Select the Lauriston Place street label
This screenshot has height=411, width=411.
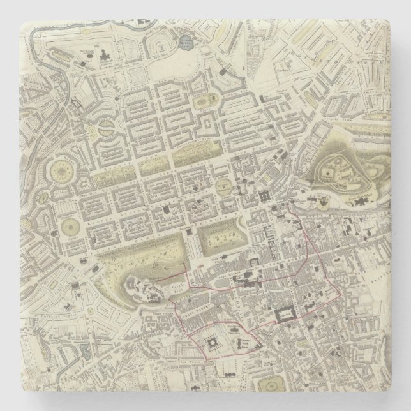pos(227,362)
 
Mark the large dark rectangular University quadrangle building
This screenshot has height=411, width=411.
pos(287,315)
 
